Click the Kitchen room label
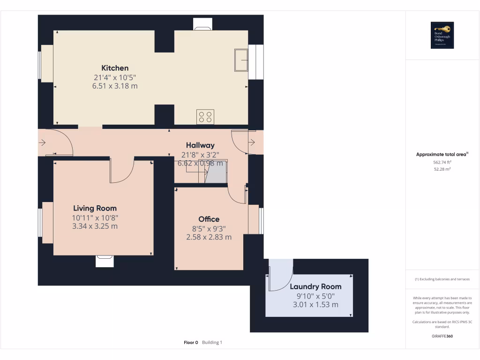coord(115,68)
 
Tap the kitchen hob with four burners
coord(205,117)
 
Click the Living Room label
coord(95,208)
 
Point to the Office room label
coord(209,219)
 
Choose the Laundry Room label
coord(315,286)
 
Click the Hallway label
coord(200,145)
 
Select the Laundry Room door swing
coord(280,274)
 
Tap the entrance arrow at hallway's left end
coord(42,142)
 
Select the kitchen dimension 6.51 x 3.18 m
coord(115,86)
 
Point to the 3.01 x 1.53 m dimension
coord(315,305)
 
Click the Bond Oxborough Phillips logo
coord(442,35)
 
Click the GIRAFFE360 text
coord(442,336)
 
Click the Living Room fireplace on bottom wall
coord(105,261)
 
